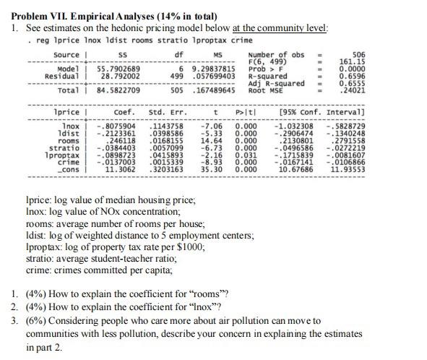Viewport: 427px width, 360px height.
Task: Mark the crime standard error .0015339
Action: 166,162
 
